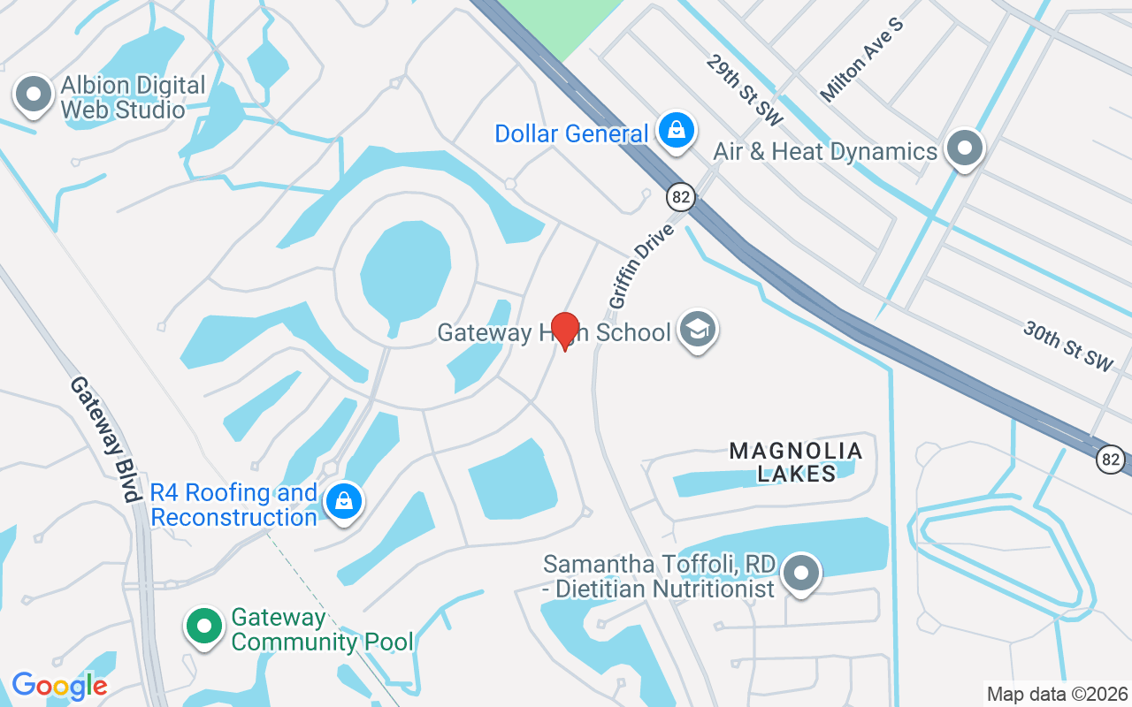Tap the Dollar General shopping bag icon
pos(677,131)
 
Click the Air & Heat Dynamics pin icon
pos(965,148)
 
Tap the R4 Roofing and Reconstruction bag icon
pos(343,502)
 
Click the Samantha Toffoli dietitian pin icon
pos(801,573)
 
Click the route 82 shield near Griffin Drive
pos(680,196)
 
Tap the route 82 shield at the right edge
pos(1111,459)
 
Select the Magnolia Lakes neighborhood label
pos(796,462)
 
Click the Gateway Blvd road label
pos(106,439)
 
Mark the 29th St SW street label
pos(745,88)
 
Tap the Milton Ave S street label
pos(862,58)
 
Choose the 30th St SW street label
pos(1067,346)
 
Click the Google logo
pos(59,685)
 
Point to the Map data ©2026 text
pos(1058,694)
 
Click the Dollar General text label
pos(571,133)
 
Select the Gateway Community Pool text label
pos(322,629)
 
